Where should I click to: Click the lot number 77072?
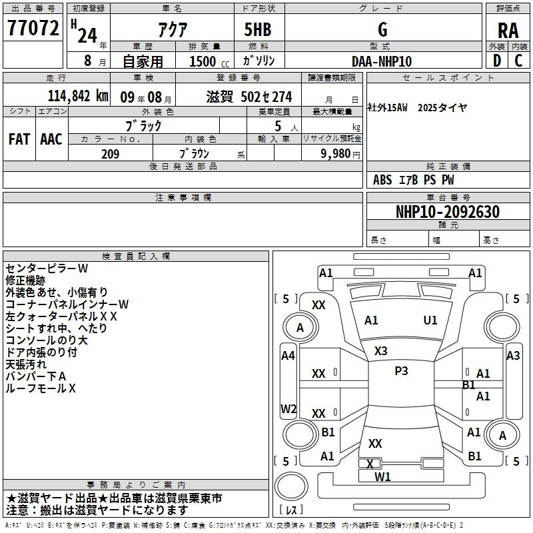(33, 28)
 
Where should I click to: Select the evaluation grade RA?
(508, 31)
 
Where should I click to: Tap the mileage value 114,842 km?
(78, 96)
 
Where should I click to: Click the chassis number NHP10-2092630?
(448, 212)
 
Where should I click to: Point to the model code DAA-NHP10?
(382, 61)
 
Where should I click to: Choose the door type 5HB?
(258, 29)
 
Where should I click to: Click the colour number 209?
(110, 154)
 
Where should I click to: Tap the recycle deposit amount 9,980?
(336, 154)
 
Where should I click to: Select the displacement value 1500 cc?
(209, 61)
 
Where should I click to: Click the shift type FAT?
(19, 139)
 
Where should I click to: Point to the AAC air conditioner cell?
(51, 139)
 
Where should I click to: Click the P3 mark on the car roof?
(401, 371)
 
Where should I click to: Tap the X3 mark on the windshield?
(380, 351)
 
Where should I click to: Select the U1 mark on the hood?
(430, 320)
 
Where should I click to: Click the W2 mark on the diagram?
(288, 408)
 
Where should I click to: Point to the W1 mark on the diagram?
(382, 477)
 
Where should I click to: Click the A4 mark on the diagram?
(288, 356)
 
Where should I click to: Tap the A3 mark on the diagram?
(513, 356)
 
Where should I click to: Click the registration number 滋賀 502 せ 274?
(249, 97)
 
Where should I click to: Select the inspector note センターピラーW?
(47, 268)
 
